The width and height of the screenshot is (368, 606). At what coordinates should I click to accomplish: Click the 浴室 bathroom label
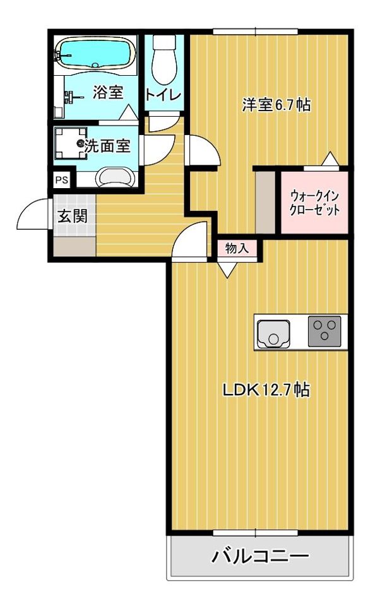(107, 92)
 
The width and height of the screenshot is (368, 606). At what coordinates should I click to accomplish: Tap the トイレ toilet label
(163, 95)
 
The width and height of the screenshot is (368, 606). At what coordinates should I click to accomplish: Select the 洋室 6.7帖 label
(276, 104)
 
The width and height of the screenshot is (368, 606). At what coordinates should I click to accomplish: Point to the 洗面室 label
(107, 146)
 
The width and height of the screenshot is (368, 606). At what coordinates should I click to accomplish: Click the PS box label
(61, 180)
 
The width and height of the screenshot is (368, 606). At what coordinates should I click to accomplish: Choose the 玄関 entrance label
(73, 215)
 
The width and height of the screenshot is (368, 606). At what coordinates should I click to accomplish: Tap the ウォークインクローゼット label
(314, 203)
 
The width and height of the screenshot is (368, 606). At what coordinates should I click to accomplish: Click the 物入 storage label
(237, 248)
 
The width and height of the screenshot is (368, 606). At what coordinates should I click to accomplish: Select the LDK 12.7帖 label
(264, 390)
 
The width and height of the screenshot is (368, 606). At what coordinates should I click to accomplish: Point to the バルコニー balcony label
(260, 556)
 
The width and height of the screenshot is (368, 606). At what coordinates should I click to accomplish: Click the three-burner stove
(324, 330)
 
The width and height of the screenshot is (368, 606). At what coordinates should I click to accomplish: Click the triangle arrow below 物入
(228, 270)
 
